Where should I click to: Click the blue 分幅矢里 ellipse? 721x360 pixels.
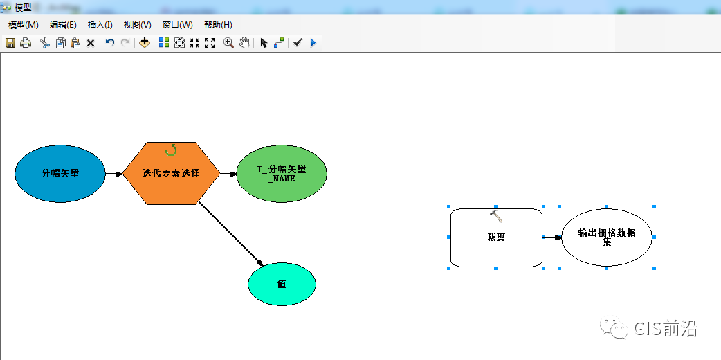point(60,173)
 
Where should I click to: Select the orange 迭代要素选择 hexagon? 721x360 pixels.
point(171,173)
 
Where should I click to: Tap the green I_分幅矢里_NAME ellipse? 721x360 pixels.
point(281,173)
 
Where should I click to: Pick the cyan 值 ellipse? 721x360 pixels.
point(282,284)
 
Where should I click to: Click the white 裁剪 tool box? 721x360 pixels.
point(495,237)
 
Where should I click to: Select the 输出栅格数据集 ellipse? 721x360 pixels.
point(606,237)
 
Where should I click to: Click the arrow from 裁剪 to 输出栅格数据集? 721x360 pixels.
point(551,237)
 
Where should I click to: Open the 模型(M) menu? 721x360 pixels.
point(24,25)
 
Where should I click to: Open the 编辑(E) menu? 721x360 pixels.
point(63,25)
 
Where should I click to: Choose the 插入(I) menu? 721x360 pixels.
point(100,25)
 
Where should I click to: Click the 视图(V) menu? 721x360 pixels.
point(137,25)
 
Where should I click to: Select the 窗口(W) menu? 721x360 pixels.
point(177,25)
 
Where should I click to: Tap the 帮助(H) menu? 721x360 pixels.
point(218,25)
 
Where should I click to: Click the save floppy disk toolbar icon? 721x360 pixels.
point(10,43)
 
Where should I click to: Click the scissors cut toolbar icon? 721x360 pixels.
point(45,43)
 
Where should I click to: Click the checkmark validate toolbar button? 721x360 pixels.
point(298,43)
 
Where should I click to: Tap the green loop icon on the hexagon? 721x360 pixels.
point(171,150)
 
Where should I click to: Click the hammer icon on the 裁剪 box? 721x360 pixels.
point(495,215)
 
